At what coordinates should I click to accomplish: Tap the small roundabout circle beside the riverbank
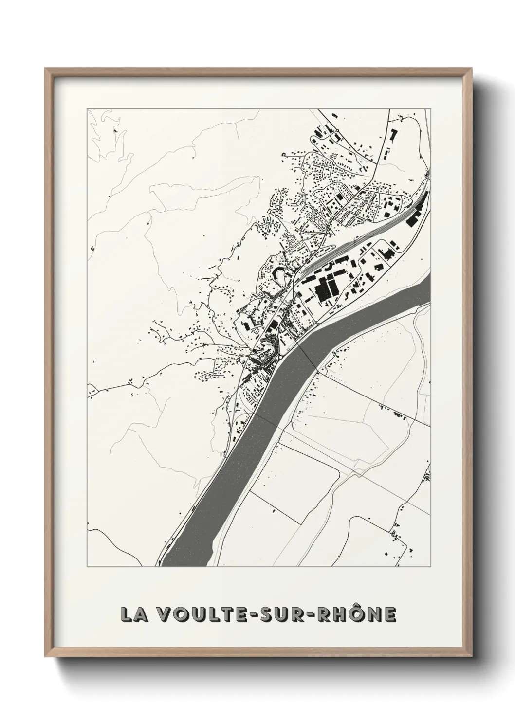point(280,359)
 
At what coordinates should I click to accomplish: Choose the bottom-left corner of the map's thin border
point(88,567)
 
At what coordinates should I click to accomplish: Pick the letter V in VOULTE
point(167,614)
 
